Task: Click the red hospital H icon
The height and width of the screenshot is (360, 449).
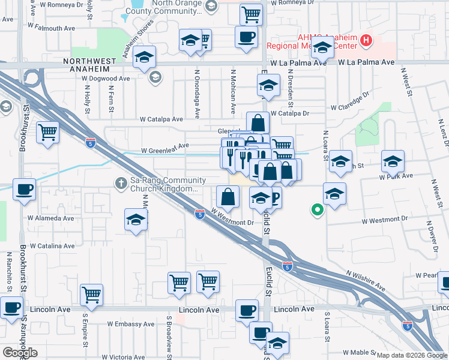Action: (x=366, y=41)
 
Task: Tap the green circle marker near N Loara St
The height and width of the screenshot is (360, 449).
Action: (x=316, y=210)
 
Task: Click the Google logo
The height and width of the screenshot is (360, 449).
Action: (x=20, y=352)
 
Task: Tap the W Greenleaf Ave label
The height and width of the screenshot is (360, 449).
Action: (x=165, y=146)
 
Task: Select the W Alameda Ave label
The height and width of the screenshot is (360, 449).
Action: (x=51, y=218)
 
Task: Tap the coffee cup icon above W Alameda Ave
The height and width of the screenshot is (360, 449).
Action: (x=24, y=190)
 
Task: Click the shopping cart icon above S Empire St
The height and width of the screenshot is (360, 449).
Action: (x=91, y=294)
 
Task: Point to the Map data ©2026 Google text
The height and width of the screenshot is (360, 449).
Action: (x=411, y=355)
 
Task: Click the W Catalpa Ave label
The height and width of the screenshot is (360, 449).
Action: (x=161, y=119)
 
